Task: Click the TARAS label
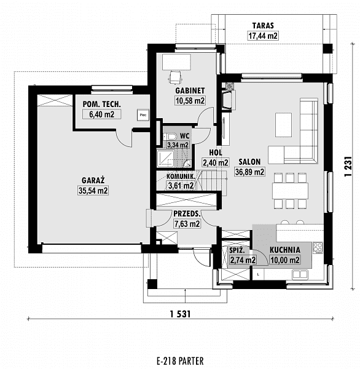coord(263,25)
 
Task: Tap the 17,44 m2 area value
coord(263,36)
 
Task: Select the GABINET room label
coord(190,90)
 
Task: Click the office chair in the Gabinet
coord(175,77)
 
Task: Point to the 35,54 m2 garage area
coord(93,191)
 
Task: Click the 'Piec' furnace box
coord(143,115)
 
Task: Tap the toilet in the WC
coord(170,137)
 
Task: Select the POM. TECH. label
coord(101,104)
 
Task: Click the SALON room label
coord(249,162)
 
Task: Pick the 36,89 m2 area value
coord(249,172)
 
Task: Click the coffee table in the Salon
coord(284,125)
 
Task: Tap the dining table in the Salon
coord(290,191)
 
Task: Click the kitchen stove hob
coord(318,248)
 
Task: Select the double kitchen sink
coord(300,274)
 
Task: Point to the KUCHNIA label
coord(285,250)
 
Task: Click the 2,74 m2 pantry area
coord(243,260)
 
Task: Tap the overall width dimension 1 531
coord(180,314)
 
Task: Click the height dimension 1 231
coord(348,167)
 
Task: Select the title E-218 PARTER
coord(180,361)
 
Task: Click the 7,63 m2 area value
coord(187,224)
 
